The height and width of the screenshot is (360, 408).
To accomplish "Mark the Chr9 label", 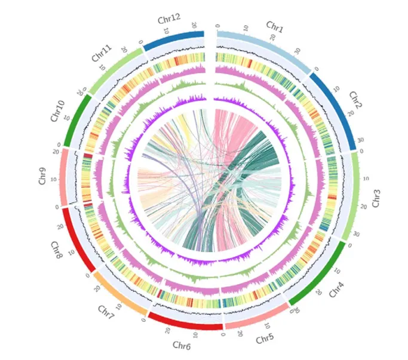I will [42, 179].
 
